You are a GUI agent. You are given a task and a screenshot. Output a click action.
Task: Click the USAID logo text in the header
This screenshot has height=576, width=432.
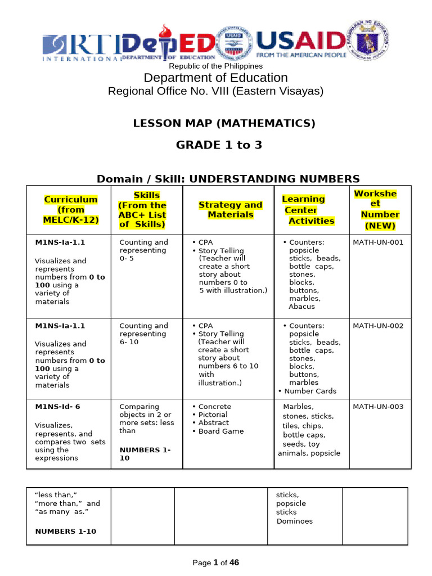pos(300,41)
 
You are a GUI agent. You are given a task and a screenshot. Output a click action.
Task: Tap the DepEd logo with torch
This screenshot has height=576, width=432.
pos(169,43)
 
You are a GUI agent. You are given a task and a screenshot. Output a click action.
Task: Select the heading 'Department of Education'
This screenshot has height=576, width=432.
pos(215,78)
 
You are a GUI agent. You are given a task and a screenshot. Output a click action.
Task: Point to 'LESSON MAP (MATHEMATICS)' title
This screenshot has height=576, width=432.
pos(224,123)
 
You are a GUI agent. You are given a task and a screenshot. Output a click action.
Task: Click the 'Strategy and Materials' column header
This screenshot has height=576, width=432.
pos(230,210)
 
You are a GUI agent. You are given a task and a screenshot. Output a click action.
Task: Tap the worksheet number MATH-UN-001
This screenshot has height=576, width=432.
pos(377,242)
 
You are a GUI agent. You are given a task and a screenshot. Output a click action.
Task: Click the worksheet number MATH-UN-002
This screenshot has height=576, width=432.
pos(377,326)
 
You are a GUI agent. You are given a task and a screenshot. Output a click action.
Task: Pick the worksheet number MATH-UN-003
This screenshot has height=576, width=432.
pos(377,407)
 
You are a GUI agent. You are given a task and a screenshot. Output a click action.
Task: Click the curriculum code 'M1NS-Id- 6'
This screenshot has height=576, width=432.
pos(58,407)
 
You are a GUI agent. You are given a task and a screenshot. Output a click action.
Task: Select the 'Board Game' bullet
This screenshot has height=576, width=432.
pos(220,431)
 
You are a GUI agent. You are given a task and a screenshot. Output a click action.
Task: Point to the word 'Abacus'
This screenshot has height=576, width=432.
pos(302,307)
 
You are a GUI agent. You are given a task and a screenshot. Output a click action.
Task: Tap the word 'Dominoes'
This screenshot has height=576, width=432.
pos(294,521)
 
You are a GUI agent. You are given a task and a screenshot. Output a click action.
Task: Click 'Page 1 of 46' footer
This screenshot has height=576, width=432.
pos(215,562)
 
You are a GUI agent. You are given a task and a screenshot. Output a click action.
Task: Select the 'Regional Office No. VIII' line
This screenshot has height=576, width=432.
pos(215,91)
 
